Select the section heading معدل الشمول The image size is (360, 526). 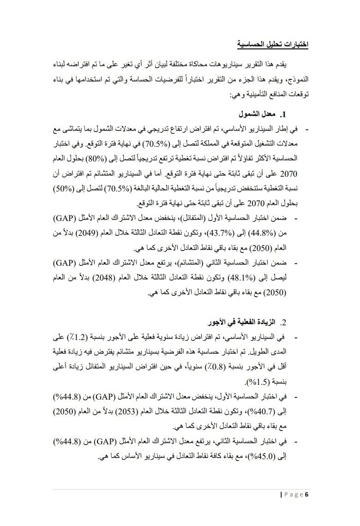click(x=258, y=114)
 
